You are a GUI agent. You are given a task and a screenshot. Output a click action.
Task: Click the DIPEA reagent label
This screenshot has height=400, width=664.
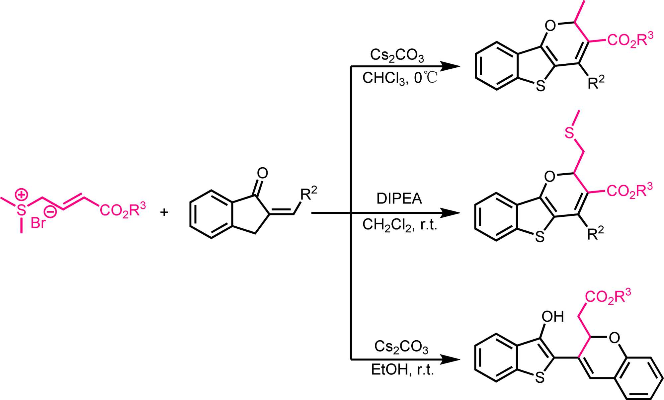pyautogui.click(x=399, y=199)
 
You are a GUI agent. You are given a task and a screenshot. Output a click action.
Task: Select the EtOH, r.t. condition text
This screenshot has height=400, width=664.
pyautogui.click(x=402, y=369)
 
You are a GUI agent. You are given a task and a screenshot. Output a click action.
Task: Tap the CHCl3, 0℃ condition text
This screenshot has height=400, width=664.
pyautogui.click(x=399, y=78)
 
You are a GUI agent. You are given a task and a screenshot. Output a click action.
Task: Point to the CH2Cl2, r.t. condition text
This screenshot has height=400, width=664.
pyautogui.click(x=399, y=225)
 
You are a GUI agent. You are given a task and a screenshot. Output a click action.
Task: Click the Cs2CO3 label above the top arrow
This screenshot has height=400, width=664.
pyautogui.click(x=397, y=55)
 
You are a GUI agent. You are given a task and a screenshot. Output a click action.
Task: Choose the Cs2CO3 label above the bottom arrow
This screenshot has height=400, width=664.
pyautogui.click(x=401, y=347)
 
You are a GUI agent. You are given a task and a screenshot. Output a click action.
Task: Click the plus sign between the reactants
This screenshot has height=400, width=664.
pyautogui.click(x=164, y=212)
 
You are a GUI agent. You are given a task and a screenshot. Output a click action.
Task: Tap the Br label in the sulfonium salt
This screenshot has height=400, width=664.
pyautogui.click(x=38, y=223)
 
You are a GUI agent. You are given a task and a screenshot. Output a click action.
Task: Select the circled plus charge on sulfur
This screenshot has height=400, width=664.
pyautogui.click(x=22, y=195)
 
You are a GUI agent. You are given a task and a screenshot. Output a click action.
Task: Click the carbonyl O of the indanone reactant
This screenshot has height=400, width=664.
pyautogui.click(x=262, y=173)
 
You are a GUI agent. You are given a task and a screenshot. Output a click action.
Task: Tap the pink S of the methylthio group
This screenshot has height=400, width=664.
pyautogui.click(x=569, y=133)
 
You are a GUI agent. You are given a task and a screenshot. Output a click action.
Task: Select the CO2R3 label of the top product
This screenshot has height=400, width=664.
pyautogui.click(x=630, y=40)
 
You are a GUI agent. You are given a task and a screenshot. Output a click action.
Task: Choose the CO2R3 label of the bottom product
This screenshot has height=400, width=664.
pyautogui.click(x=608, y=296)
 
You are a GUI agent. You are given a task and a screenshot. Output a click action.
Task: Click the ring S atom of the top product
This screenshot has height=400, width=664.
pyautogui.click(x=541, y=86)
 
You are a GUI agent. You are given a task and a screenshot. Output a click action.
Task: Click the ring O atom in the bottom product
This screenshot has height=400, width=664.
pyautogui.click(x=614, y=338)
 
